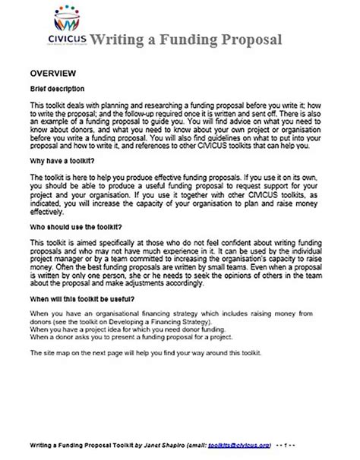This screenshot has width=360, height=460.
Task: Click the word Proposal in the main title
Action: (x=249, y=40)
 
